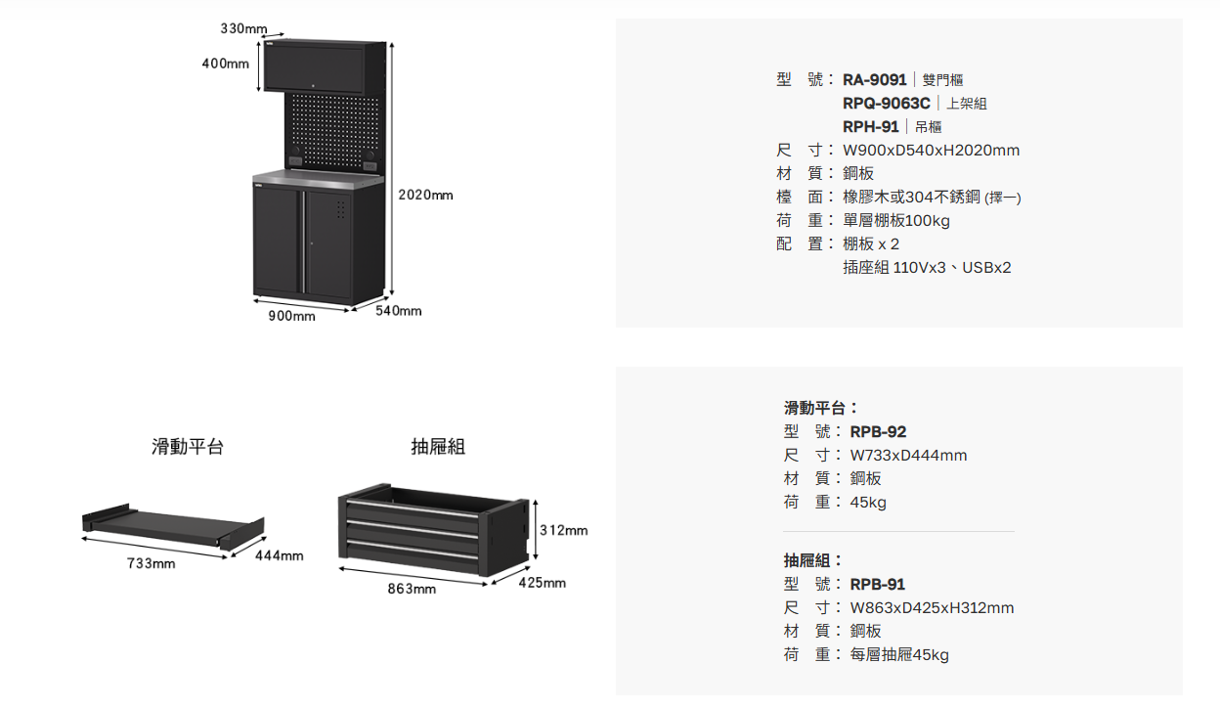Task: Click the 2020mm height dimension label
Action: (x=426, y=196)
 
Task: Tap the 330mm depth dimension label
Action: (x=243, y=29)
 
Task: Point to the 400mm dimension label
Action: (x=226, y=64)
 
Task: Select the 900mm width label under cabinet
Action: (x=292, y=316)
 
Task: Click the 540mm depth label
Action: (x=399, y=311)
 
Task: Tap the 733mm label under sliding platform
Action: (x=152, y=563)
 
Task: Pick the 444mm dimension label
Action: (x=279, y=555)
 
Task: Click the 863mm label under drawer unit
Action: (x=412, y=589)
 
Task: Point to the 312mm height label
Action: (x=564, y=530)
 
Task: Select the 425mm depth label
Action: (x=542, y=583)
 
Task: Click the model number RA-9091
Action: (x=875, y=79)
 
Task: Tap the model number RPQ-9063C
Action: (x=886, y=103)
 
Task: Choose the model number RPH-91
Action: (x=871, y=126)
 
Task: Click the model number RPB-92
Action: (x=878, y=431)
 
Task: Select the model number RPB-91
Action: (x=878, y=584)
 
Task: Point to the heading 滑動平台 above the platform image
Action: (x=188, y=447)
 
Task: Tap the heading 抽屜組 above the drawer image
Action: (x=438, y=447)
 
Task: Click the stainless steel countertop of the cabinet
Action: (x=318, y=178)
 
